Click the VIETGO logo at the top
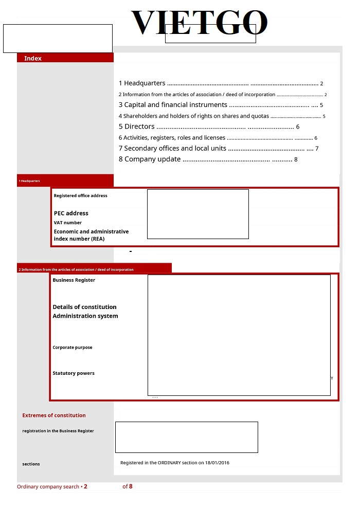(x=200, y=23)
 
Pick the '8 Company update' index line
(x=150, y=159)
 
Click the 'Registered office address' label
(x=81, y=195)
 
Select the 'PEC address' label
(x=71, y=213)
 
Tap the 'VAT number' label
(x=68, y=223)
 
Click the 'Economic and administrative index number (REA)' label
(x=91, y=235)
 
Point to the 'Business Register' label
(x=74, y=280)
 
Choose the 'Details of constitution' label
(x=84, y=307)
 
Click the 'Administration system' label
(x=85, y=316)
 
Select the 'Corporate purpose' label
(x=73, y=348)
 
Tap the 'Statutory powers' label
(x=74, y=373)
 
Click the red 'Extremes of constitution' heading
(x=54, y=415)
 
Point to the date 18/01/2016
(x=218, y=463)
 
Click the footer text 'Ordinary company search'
(x=48, y=486)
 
